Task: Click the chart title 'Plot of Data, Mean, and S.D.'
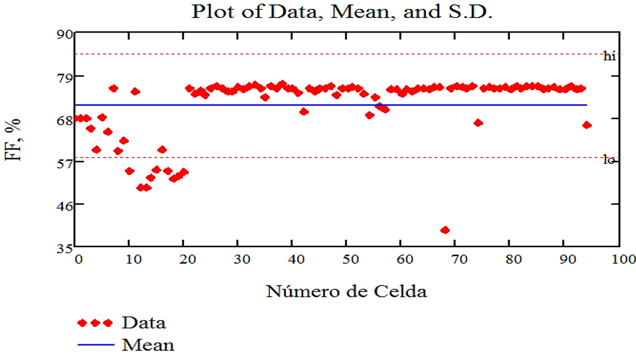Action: (342, 12)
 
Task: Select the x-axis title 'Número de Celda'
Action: (346, 292)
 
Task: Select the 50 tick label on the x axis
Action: (346, 259)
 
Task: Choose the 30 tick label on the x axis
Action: (238, 259)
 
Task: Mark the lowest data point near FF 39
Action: (445, 230)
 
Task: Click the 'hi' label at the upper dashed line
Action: (610, 56)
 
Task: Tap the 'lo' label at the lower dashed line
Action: (609, 160)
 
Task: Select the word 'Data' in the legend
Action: (144, 323)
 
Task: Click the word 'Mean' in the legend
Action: (148, 345)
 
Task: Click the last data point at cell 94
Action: (587, 125)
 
